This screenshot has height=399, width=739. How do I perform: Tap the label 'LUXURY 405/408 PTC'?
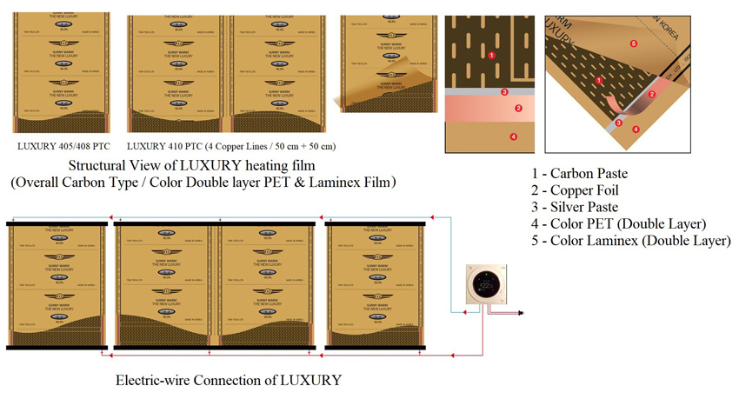[x=64, y=145]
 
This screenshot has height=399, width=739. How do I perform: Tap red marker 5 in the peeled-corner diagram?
[x=633, y=43]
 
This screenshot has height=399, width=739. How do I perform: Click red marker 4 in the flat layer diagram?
[x=513, y=136]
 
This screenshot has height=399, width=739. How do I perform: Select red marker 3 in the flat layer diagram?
[x=504, y=91]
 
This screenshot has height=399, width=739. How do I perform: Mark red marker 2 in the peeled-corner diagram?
[x=651, y=94]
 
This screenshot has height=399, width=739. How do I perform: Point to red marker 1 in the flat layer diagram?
[x=492, y=55]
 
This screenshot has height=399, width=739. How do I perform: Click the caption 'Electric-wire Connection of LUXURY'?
[x=229, y=380]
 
